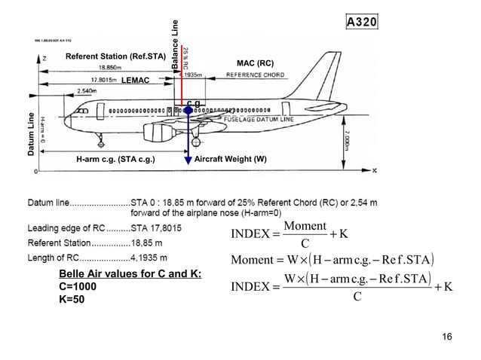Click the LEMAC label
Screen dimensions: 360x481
pos(136,80)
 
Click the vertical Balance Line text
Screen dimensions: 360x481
pos(177,44)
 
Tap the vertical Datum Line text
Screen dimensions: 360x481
pos(32,135)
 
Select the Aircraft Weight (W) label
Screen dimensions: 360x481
pos(230,160)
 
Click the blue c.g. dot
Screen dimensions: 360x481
pos(188,110)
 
